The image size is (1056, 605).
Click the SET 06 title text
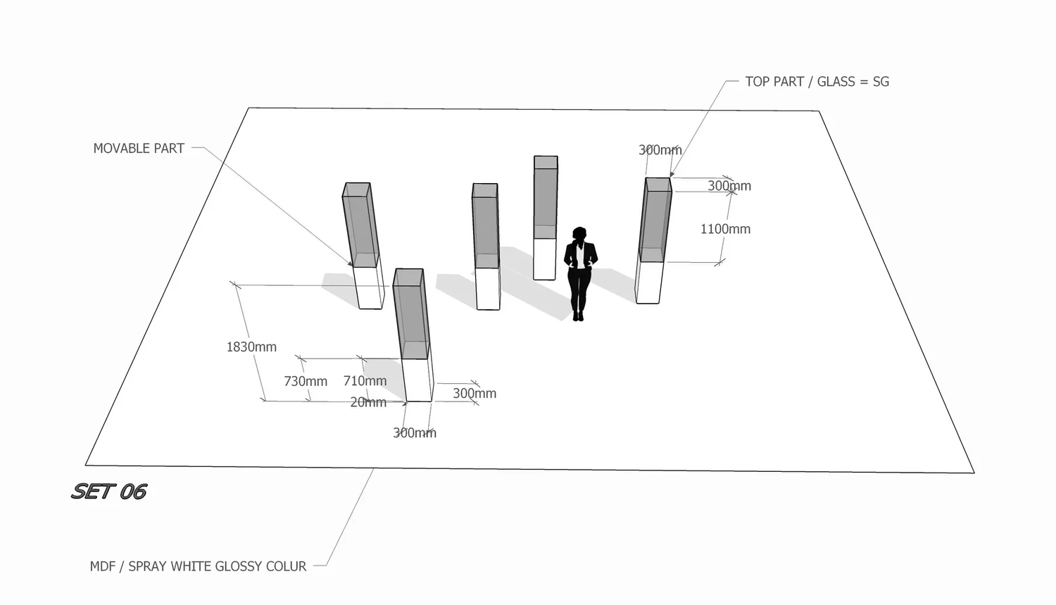coord(109,491)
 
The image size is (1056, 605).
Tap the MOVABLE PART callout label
coord(139,149)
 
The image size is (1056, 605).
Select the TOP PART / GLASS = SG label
coord(817,82)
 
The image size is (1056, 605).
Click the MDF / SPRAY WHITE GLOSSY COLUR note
coord(198,566)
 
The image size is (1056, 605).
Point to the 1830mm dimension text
coord(251,347)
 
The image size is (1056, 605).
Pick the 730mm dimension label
coord(306,381)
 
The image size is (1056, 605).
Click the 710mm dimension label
coord(365,380)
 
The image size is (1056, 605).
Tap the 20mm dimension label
coord(368,402)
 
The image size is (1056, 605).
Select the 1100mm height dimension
coord(725,229)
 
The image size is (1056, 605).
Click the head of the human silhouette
coord(579,234)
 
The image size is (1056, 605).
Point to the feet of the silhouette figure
coord(578,316)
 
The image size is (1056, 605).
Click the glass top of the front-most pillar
coord(410,313)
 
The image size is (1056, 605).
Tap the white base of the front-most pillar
coord(417,380)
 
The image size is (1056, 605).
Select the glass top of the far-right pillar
coord(655,218)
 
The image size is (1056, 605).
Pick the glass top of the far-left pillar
coord(360,224)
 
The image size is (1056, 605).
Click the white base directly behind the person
coord(544,258)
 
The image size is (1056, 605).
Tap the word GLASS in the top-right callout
coord(836,82)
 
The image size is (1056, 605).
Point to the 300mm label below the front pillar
coord(415,433)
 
